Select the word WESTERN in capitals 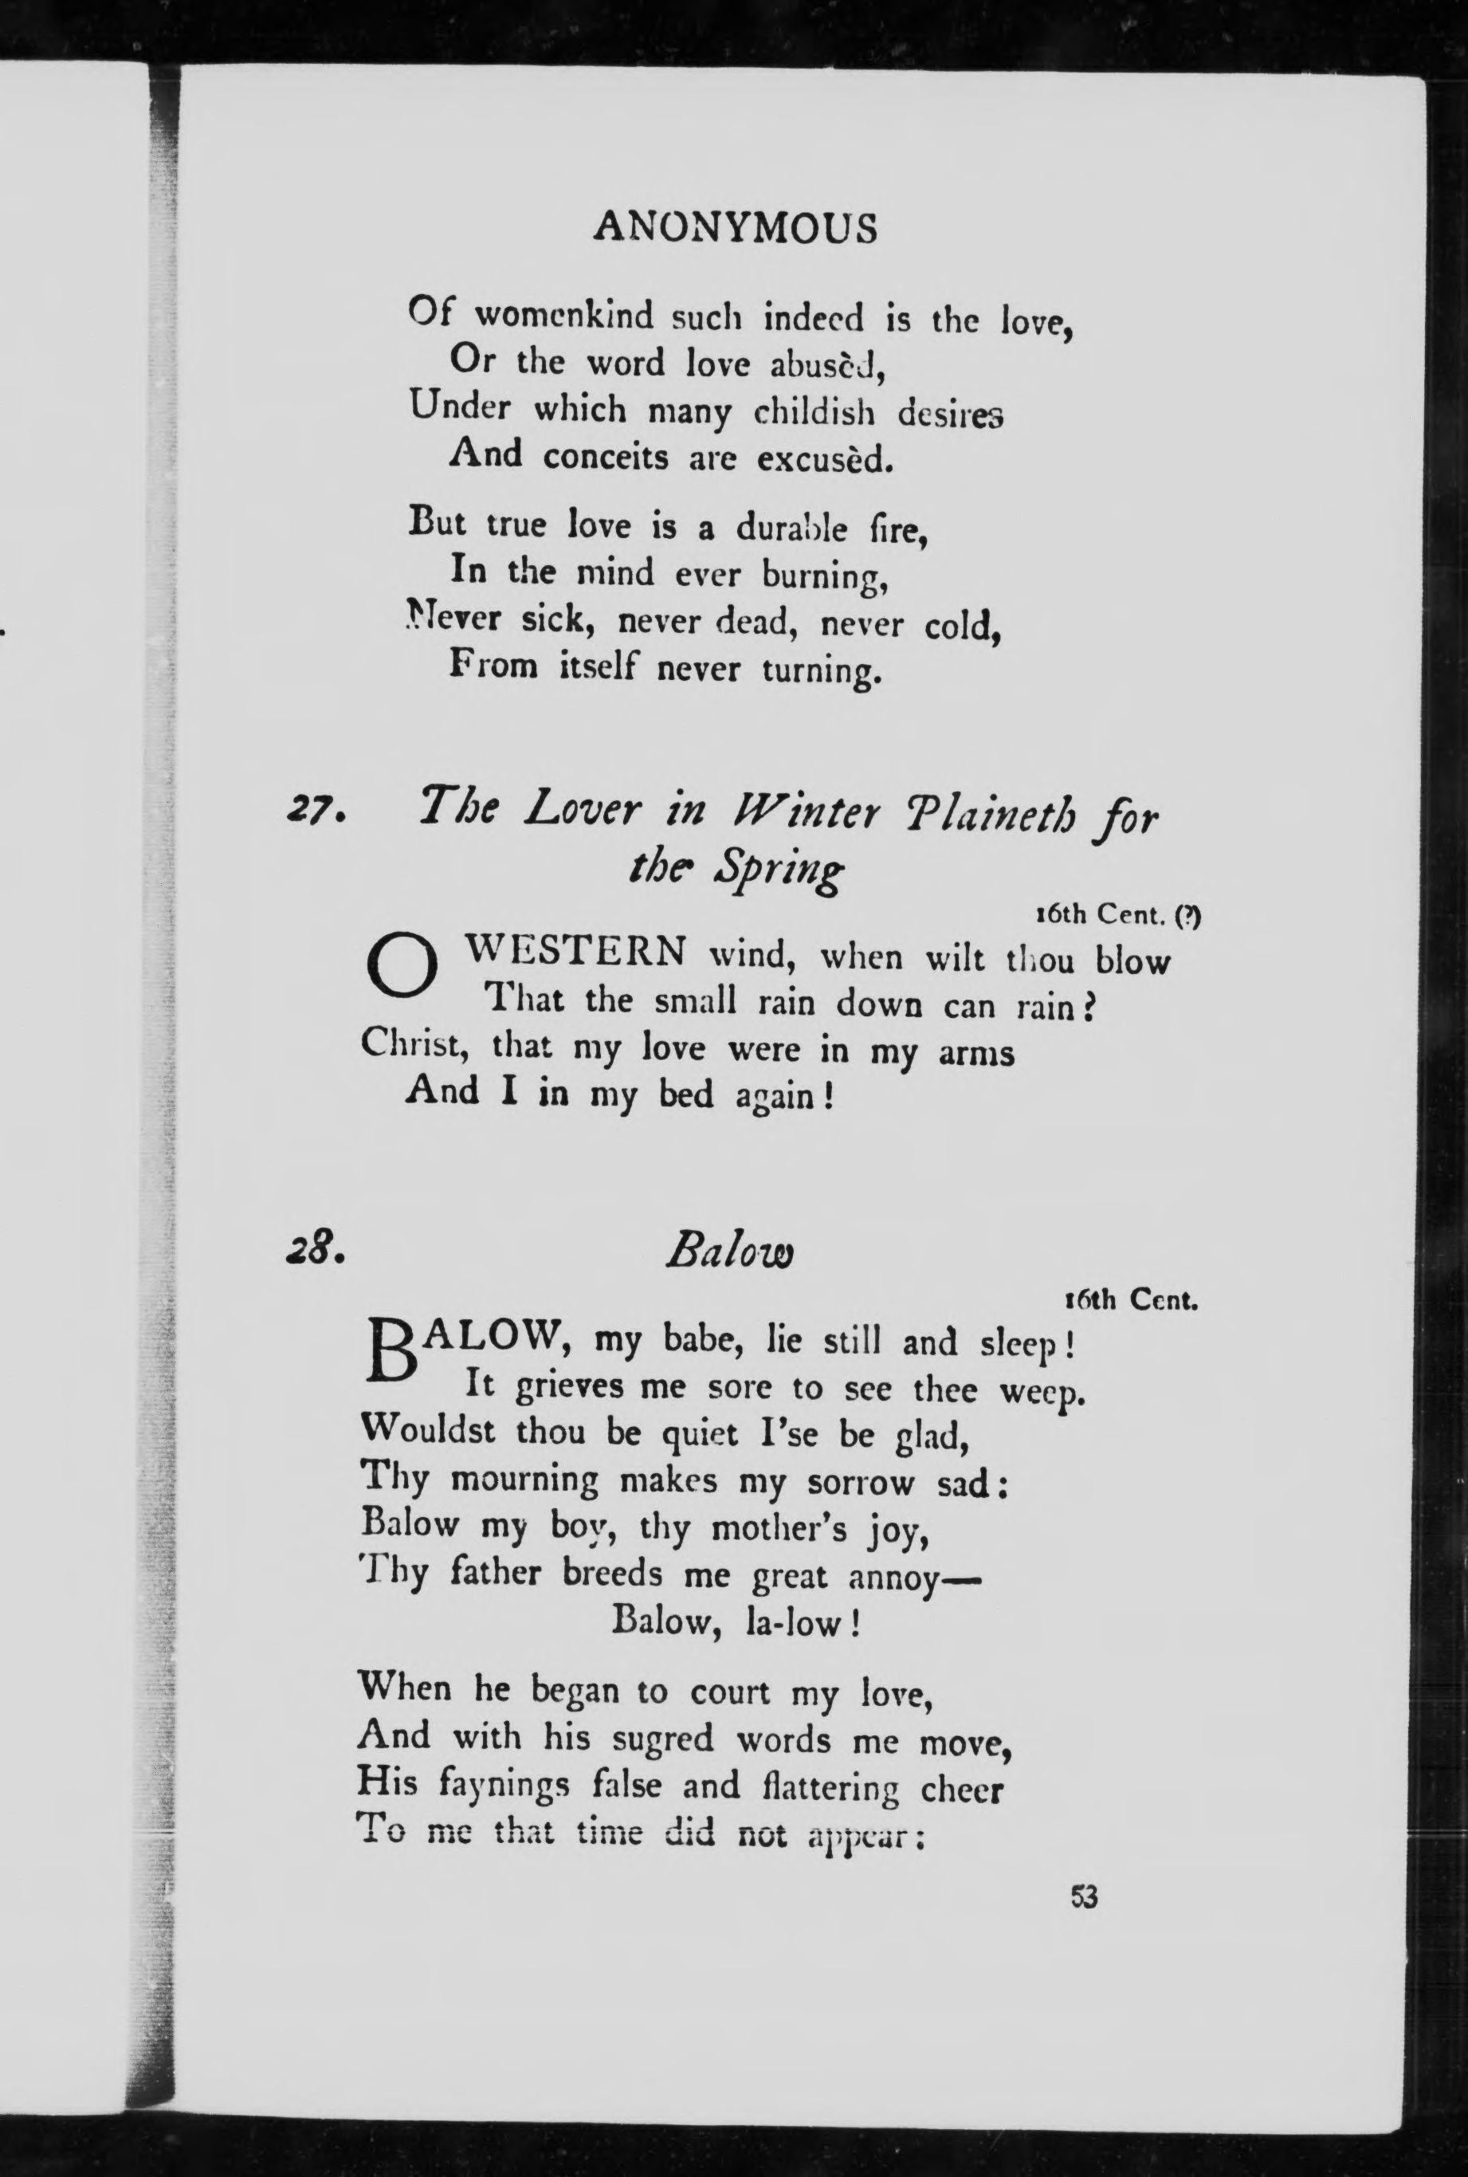click(x=575, y=953)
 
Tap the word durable click(x=791, y=529)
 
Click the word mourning click(x=524, y=1480)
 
